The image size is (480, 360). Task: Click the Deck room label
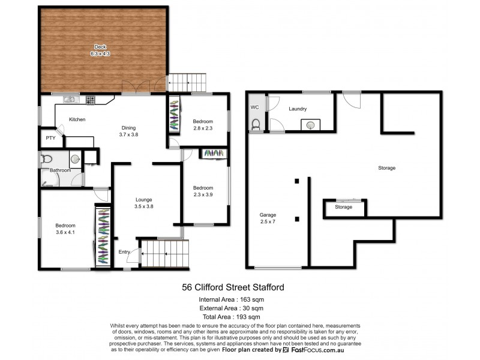(x=101, y=50)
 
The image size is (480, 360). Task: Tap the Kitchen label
(x=77, y=119)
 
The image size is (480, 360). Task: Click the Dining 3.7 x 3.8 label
(x=129, y=131)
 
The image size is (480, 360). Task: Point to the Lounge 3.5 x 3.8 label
(x=143, y=203)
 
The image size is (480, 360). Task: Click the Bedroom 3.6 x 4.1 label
(x=66, y=229)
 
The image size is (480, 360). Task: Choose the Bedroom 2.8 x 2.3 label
(x=203, y=124)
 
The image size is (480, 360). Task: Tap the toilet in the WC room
(x=256, y=124)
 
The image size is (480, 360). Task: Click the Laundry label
(x=298, y=109)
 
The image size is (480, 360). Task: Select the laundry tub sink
(x=310, y=125)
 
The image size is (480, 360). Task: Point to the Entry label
(x=124, y=252)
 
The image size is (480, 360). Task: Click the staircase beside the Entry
(x=164, y=254)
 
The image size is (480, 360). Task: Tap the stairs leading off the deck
(x=187, y=82)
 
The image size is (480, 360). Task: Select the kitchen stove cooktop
(x=91, y=100)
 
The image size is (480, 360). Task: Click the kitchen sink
(x=69, y=100)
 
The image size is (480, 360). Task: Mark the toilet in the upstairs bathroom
(x=47, y=159)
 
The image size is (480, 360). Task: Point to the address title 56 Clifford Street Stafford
(x=233, y=287)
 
